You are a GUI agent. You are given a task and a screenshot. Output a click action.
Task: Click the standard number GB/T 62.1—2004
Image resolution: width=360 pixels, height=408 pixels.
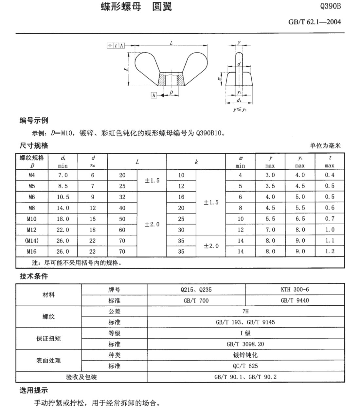(x=314, y=22)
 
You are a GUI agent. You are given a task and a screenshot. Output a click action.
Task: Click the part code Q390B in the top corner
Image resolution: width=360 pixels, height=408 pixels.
(x=330, y=6)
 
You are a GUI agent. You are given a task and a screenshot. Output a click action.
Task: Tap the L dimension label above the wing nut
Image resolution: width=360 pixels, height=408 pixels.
(x=171, y=43)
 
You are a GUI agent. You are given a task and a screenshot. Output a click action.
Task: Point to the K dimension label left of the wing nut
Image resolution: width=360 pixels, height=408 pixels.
(x=126, y=69)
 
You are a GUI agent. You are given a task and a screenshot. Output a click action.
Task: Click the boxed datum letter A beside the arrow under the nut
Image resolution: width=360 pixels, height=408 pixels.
(x=154, y=95)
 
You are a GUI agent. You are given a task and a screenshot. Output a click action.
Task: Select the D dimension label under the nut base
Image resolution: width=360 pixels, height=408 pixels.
(x=171, y=93)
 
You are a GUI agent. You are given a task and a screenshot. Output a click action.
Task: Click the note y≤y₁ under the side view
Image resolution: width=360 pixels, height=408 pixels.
(x=240, y=110)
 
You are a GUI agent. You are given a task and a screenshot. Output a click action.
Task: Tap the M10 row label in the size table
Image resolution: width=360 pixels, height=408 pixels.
(x=32, y=219)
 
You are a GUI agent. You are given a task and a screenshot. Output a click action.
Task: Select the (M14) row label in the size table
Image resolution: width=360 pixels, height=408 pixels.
(x=32, y=241)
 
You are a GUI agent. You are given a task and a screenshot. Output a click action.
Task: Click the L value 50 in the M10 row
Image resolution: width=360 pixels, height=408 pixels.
(x=122, y=219)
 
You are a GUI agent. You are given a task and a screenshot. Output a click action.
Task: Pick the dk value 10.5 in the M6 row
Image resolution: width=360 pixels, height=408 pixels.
(x=63, y=197)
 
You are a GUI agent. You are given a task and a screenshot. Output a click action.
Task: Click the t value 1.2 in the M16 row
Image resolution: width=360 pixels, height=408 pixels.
(x=330, y=251)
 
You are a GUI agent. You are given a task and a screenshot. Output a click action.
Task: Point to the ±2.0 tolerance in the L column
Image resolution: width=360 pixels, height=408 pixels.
(x=152, y=224)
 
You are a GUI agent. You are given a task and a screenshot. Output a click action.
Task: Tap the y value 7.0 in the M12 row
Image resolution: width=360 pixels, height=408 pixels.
(x=270, y=230)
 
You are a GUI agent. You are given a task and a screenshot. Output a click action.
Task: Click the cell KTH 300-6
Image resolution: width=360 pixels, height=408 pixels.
(x=295, y=289)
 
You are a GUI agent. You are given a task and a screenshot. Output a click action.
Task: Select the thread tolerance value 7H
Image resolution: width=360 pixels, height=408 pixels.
(x=245, y=311)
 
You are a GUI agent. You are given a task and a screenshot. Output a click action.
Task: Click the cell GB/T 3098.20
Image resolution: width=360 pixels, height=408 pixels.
(x=245, y=344)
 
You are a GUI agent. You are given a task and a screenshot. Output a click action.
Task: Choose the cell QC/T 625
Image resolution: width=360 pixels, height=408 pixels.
(x=245, y=366)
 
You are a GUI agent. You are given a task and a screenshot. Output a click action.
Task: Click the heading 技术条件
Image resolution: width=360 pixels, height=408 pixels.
(x=34, y=276)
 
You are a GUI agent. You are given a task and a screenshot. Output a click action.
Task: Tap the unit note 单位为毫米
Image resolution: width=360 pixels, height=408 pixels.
(x=325, y=145)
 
